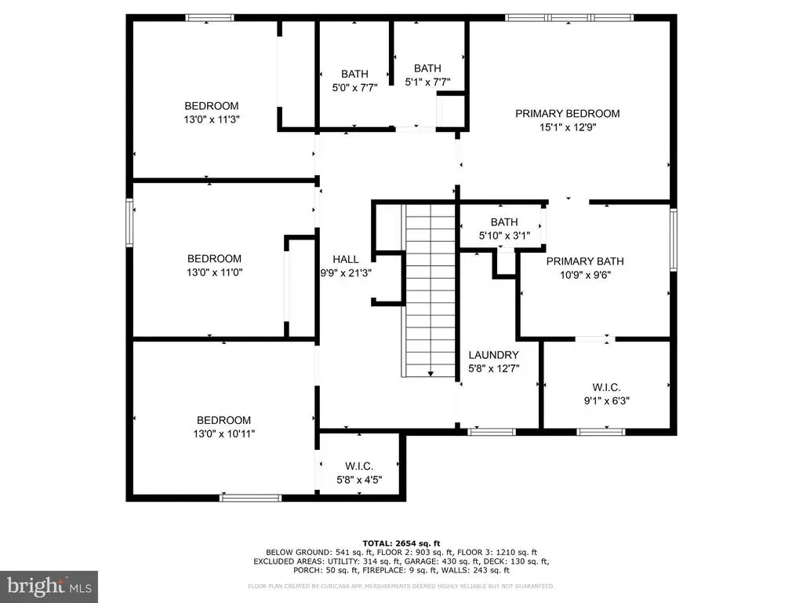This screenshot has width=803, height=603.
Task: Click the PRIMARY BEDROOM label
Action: [x=568, y=113]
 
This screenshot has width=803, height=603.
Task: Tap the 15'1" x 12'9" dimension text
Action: [x=568, y=127]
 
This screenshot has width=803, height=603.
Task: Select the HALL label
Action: [x=346, y=259]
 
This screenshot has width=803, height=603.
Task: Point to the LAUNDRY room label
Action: [x=494, y=355]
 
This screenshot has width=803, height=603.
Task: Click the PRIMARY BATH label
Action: [x=585, y=261]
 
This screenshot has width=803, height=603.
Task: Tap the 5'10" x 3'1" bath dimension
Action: [x=504, y=236]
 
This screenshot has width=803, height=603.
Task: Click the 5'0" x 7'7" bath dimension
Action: [x=355, y=88]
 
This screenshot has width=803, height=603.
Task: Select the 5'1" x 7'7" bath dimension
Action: [x=427, y=82]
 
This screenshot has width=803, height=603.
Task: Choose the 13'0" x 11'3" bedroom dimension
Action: [x=212, y=119]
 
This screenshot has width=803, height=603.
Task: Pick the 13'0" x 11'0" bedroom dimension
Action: [x=214, y=272]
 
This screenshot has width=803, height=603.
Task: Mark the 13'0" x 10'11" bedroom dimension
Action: [x=223, y=433]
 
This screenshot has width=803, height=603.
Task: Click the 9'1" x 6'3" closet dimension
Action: [x=606, y=401]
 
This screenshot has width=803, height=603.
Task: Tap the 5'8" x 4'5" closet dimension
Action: [x=359, y=480]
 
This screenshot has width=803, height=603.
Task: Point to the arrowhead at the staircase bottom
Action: [x=431, y=374]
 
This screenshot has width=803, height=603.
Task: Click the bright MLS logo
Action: [x=49, y=586]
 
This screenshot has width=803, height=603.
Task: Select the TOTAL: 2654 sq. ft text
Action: [x=401, y=543]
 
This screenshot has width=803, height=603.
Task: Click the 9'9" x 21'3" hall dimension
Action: [x=346, y=273]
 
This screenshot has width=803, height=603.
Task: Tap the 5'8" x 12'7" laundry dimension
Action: [x=494, y=369]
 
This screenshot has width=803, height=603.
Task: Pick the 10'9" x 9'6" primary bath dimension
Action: [x=585, y=275]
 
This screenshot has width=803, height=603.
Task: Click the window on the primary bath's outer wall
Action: [x=674, y=239]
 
